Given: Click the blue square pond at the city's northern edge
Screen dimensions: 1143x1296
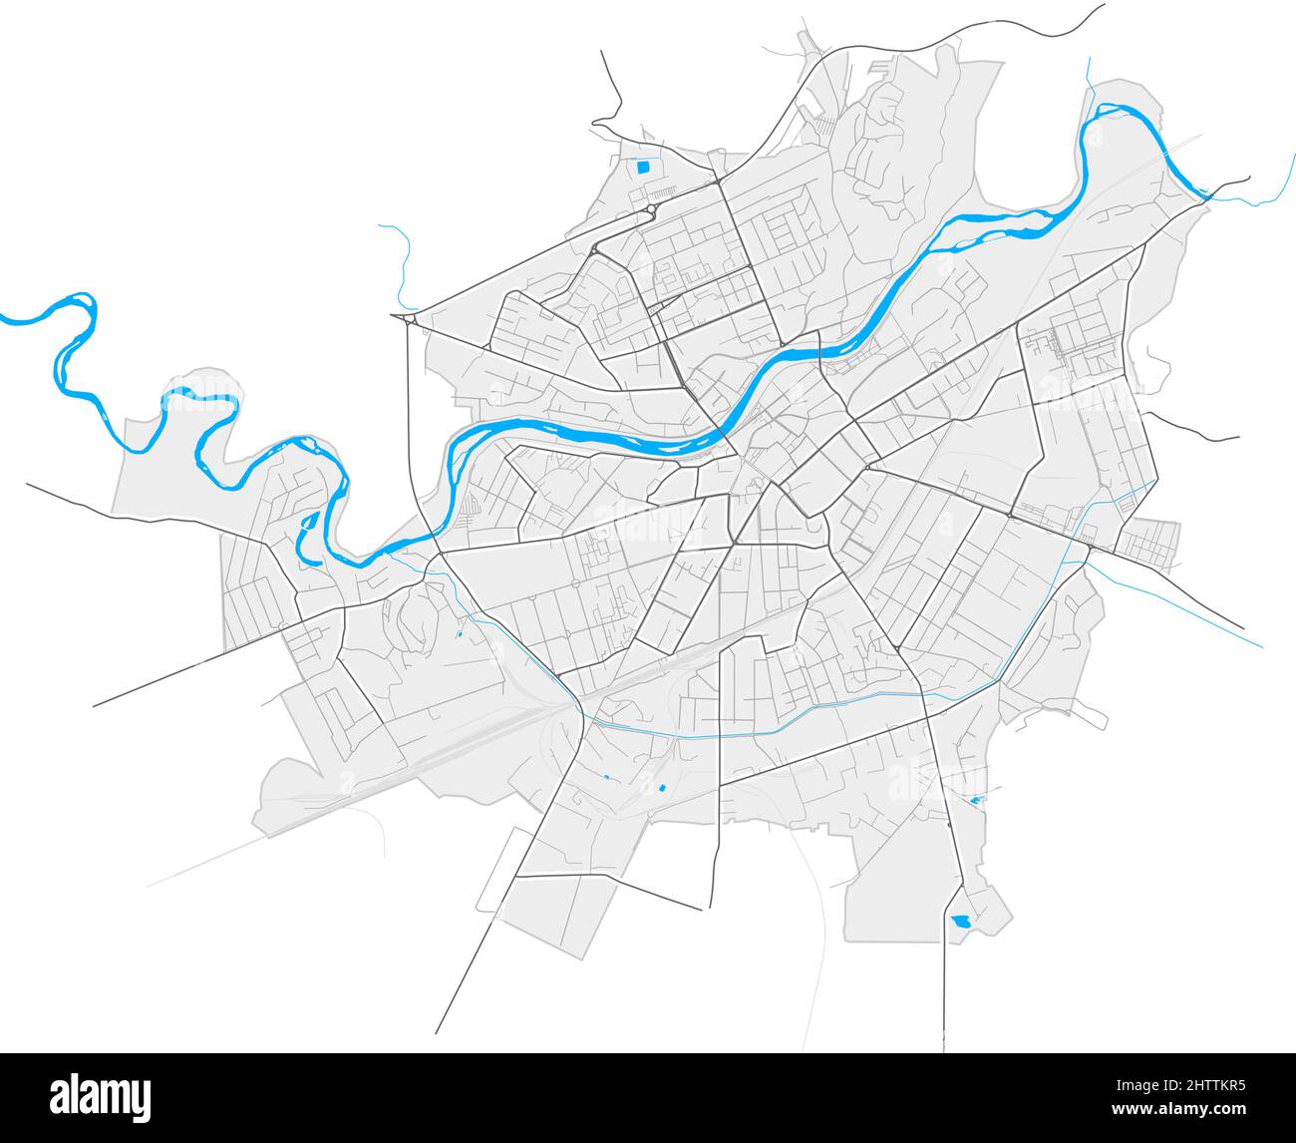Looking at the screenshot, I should (x=643, y=167).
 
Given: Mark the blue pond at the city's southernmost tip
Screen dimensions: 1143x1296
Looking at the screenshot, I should (x=961, y=921).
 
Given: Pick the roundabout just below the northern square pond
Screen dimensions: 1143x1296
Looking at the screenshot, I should (x=650, y=208).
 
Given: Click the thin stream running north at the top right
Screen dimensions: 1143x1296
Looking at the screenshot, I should (x=1089, y=80).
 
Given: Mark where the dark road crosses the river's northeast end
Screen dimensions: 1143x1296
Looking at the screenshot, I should (x=1207, y=196).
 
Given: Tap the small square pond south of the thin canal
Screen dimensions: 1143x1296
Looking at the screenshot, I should (x=661, y=789).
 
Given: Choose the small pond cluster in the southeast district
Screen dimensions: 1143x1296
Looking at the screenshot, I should (x=976, y=800).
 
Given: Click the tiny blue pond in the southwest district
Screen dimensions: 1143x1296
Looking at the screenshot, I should (x=460, y=633).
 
